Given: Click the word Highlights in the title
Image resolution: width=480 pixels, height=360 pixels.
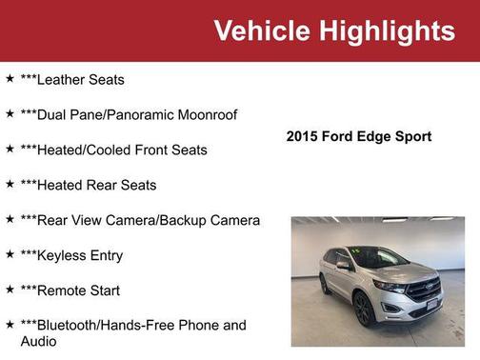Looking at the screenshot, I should [388, 31].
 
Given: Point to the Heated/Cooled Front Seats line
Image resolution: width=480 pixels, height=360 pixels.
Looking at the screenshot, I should [121, 150].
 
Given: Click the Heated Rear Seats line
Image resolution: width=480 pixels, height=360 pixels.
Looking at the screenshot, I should [95, 185].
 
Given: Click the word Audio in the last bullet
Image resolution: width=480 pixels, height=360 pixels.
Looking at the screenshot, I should [39, 340].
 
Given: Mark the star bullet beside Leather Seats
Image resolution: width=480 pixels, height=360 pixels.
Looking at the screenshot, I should [10, 79].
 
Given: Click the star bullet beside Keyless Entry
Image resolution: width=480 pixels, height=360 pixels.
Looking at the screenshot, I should [10, 254].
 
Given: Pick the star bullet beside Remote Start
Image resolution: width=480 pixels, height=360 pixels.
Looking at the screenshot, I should [10, 290].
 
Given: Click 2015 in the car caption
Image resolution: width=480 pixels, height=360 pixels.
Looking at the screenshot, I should [303, 137].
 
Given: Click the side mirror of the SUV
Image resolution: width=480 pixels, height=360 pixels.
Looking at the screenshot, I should [343, 265].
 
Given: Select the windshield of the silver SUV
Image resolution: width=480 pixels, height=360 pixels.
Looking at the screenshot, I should [380, 257].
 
